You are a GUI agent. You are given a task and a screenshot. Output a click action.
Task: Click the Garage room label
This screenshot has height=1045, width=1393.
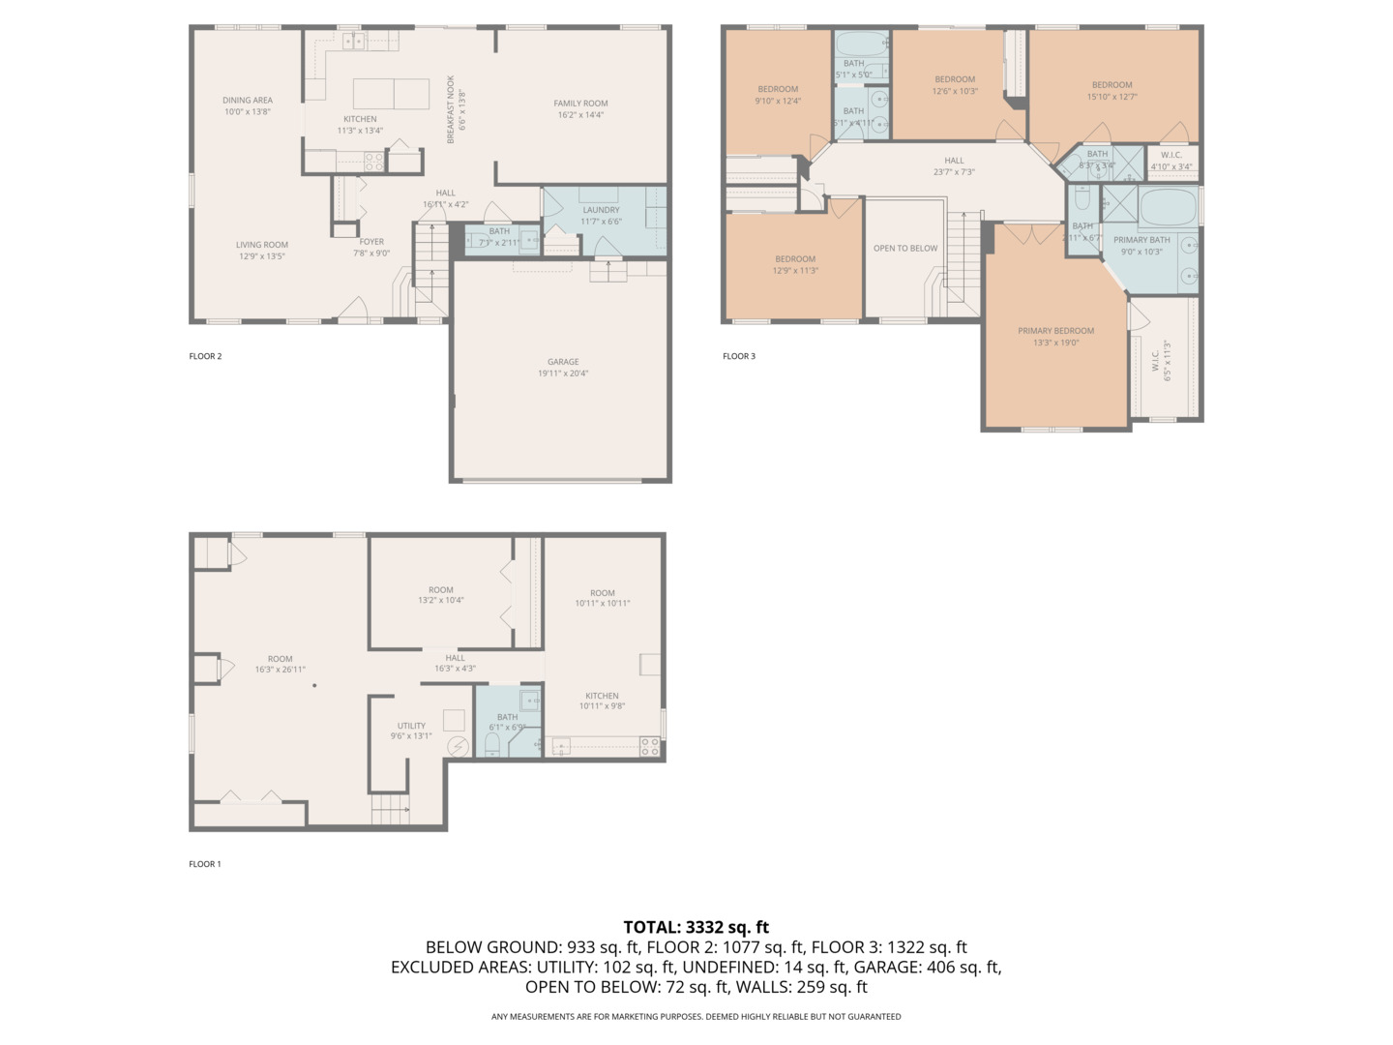pos(563,362)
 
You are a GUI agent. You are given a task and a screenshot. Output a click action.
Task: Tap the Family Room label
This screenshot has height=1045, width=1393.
pos(580,104)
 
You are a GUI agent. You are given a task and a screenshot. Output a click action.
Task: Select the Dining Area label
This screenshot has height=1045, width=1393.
pos(248,100)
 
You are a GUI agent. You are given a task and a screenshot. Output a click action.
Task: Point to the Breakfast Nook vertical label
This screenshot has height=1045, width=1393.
pos(451,110)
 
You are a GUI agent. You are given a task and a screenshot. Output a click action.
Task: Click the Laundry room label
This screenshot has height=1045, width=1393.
pos(601,210)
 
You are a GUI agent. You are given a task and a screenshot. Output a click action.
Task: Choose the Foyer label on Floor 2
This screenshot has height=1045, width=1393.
pos(371,242)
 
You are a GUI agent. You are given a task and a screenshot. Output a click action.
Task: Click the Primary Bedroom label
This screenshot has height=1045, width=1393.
pos(1055,331)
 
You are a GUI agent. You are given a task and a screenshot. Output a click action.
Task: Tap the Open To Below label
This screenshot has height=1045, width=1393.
pos(905,249)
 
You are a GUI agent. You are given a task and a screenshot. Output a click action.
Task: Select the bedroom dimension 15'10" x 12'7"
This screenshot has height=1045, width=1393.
pos(1111,97)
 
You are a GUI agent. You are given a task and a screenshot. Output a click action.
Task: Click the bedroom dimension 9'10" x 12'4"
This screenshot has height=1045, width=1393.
pos(778,101)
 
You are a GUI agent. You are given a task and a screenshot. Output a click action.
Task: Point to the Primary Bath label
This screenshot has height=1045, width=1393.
pos(1141,240)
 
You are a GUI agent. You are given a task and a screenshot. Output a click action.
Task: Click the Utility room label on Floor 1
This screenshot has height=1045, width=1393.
pos(411,726)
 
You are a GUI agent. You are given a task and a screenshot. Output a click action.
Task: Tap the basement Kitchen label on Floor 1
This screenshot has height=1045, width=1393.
pos(602,696)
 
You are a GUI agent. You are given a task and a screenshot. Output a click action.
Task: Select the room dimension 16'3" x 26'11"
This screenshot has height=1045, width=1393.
pos(280,670)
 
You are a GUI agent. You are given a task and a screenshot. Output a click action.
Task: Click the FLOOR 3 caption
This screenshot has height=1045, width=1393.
pos(739,356)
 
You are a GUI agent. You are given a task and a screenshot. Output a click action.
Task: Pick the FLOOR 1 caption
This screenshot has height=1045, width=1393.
pos(205,864)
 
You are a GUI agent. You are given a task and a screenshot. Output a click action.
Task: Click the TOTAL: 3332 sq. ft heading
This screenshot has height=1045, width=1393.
pos(696,927)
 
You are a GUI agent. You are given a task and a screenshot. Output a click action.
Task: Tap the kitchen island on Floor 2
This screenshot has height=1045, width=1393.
pos(391,94)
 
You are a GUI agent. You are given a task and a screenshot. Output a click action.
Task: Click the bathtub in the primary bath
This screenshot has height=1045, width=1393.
pos(1168,207)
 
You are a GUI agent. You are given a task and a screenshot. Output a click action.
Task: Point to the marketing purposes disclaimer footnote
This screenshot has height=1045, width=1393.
pos(696,1016)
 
